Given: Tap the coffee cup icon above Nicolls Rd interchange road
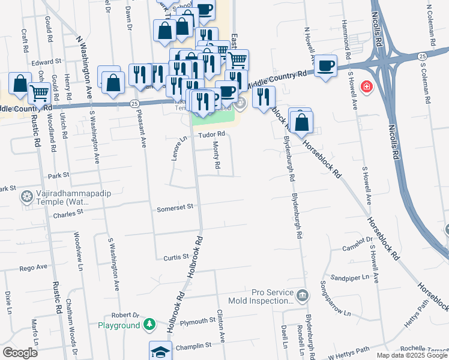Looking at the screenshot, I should point(325,65).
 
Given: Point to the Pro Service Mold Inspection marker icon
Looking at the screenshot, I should point(303,295).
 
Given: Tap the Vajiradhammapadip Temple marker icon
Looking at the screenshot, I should point(26,196).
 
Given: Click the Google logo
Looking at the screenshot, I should point(20,353).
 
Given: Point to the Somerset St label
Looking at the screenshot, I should point(175,208).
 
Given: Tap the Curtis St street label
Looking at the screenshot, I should point(176,257).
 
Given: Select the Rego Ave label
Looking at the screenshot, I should point(33,267).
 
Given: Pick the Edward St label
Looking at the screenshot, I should point(47,61).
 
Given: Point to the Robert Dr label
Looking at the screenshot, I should point(125,314).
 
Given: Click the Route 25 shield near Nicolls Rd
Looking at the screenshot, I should point(423,56).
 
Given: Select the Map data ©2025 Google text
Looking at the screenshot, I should point(412,355).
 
